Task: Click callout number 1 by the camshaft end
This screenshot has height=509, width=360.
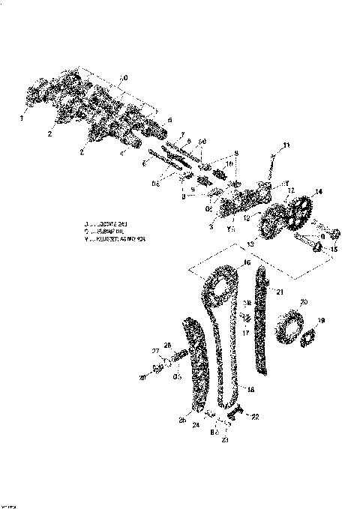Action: click(22, 118)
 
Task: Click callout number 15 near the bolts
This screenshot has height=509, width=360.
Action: click(334, 250)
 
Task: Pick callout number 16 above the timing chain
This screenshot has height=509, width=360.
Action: click(247, 264)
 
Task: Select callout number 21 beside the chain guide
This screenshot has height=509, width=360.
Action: click(280, 292)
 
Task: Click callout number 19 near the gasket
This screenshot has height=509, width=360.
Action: click(321, 320)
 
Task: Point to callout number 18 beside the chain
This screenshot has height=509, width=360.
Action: click(250, 389)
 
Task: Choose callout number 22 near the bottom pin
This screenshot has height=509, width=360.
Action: click(254, 417)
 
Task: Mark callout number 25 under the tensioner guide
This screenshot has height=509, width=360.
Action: click(182, 421)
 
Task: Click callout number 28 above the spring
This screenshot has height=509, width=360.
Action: click(168, 345)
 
